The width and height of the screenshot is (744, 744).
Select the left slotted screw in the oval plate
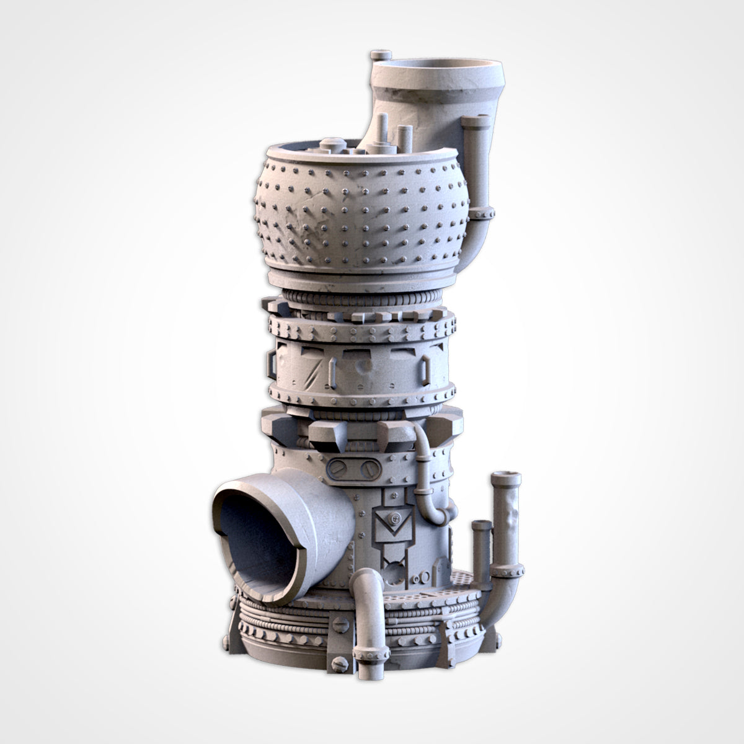click(339, 469)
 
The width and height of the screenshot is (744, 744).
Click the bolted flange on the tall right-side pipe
click(508, 567)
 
